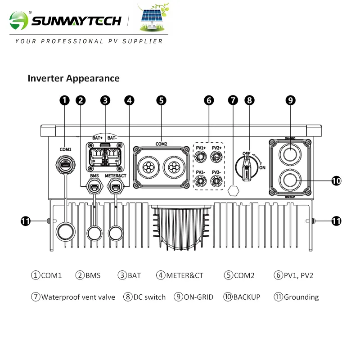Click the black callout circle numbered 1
click(64, 100)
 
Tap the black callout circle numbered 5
click(161, 100)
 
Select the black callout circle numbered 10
click(336, 181)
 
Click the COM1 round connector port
click(66, 164)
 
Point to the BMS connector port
click(94, 187)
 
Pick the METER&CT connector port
click(116, 187)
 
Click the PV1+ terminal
click(200, 157)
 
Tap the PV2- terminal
click(216, 181)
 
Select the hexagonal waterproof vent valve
click(233, 190)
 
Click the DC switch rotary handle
click(247, 167)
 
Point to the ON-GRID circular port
click(290, 154)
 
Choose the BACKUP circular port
click(290, 180)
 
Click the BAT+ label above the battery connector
click(97, 138)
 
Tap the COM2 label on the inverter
click(161, 144)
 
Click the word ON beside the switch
click(262, 167)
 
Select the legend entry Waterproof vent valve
click(73, 297)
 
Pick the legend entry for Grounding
click(296, 297)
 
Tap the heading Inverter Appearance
click(73, 78)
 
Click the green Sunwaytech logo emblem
click(19, 20)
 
